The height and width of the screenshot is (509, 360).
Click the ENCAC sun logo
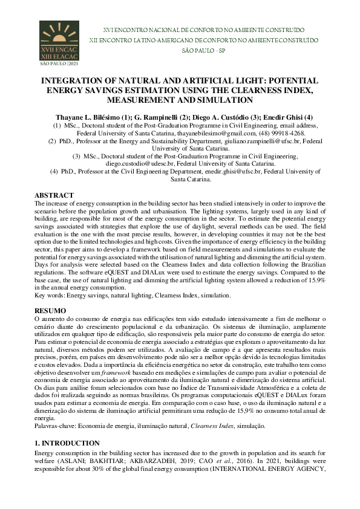pos(59,42)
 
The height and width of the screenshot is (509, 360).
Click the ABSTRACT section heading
pos(54,195)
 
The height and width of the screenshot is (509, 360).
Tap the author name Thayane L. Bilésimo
pos(87,116)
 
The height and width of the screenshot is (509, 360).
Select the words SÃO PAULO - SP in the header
pos(195,51)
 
